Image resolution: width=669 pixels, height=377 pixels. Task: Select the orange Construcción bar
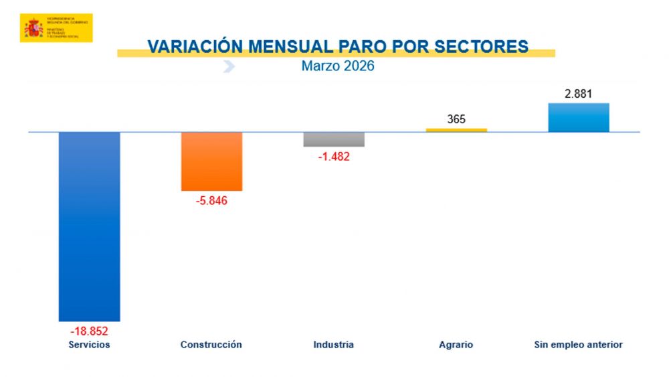[211, 161]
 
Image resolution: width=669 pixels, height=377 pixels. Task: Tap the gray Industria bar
[334, 139]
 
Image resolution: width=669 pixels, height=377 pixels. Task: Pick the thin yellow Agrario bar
[456, 130]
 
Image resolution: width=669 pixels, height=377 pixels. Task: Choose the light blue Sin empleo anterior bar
[579, 117]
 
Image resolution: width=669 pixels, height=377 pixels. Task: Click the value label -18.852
[89, 331]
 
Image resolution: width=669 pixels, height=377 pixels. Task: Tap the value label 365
[456, 120]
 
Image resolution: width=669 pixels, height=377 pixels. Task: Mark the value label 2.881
[579, 94]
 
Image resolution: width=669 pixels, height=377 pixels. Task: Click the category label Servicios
[89, 345]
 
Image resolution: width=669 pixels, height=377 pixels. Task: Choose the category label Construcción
[211, 345]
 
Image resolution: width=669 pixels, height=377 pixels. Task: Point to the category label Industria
[333, 345]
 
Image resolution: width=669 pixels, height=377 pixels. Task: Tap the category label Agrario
[456, 345]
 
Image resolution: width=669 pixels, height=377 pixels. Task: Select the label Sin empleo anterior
[579, 345]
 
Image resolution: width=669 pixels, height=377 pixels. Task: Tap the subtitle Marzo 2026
[338, 66]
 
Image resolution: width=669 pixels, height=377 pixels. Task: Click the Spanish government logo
[56, 28]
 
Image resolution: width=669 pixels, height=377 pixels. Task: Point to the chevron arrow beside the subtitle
[229, 66]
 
